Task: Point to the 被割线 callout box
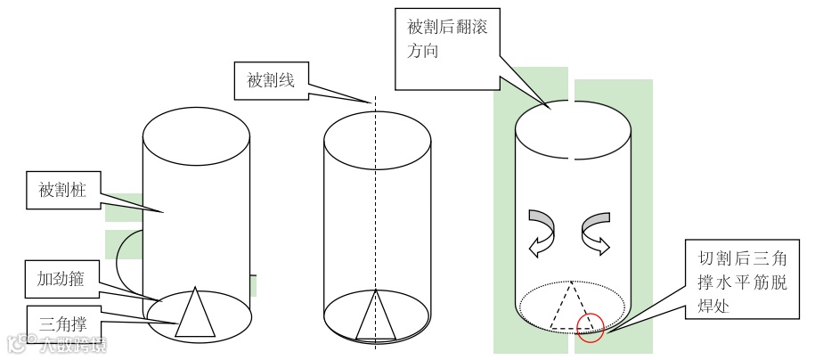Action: (270, 80)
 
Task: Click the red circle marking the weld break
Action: (591, 328)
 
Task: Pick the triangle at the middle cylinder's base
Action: (375, 319)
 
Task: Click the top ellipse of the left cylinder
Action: (196, 133)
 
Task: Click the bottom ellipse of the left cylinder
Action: (160, 323)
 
